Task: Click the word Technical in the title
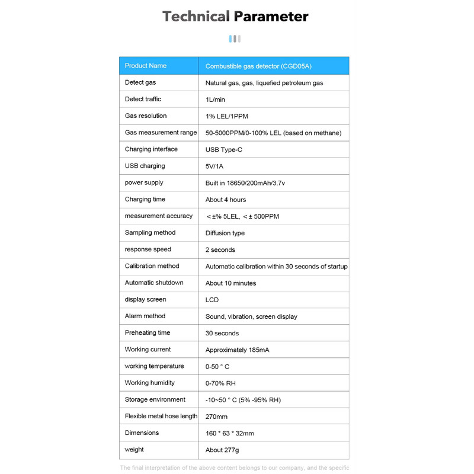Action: [196, 17]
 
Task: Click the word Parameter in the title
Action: [271, 17]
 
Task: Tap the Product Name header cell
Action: [146, 66]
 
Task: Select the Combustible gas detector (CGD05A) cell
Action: [258, 66]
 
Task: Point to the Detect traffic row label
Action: [143, 99]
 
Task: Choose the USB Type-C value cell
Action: [224, 149]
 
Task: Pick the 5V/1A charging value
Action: [214, 166]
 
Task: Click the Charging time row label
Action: [145, 199]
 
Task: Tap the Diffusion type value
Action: [225, 233]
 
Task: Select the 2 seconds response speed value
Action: [220, 250]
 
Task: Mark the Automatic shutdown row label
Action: [154, 283]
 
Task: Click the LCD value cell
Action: [212, 300]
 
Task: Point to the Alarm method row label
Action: [145, 316]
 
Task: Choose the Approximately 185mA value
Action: [237, 350]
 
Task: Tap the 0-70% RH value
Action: [220, 383]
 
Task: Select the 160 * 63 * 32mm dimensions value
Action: [230, 433]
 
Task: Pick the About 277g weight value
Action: [222, 450]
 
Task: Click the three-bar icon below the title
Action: [235, 39]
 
